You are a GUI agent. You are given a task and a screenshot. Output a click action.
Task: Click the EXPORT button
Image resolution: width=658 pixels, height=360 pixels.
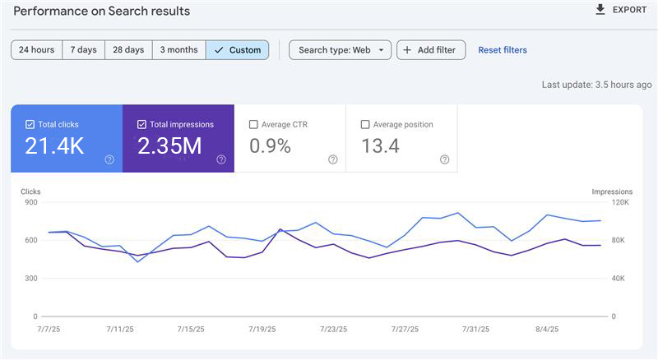tap(621, 10)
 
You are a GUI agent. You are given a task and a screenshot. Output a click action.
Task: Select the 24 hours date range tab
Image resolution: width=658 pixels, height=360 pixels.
tap(37, 50)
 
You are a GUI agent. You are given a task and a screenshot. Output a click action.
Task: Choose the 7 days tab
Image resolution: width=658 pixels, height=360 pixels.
tap(83, 50)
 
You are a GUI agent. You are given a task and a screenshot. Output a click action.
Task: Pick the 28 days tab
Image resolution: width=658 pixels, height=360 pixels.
tap(128, 50)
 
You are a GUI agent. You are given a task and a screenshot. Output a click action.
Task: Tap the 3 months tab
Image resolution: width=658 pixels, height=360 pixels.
tap(178, 50)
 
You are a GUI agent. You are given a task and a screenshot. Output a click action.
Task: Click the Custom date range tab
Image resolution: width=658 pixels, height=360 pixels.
tap(237, 50)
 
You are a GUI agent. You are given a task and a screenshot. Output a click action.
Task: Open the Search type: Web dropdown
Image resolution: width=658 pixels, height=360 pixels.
tap(341, 50)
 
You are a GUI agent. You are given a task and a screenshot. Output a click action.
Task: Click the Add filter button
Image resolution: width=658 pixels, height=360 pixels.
tap(431, 50)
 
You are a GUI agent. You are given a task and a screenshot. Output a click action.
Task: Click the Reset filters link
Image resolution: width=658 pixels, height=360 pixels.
tap(503, 50)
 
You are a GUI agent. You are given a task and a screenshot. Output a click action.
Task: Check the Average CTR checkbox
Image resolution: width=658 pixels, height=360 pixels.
tap(253, 125)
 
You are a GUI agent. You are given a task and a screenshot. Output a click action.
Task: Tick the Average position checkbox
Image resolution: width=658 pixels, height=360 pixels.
tap(365, 125)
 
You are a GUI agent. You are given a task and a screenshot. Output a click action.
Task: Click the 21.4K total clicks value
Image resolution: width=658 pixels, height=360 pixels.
tap(54, 146)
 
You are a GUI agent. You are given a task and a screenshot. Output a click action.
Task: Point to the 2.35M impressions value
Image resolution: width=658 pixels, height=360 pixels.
tap(170, 146)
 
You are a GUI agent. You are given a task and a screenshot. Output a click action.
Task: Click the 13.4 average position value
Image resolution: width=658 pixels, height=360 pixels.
tap(381, 146)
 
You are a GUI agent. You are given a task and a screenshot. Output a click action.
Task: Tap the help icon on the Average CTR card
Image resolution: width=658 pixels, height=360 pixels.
tap(333, 159)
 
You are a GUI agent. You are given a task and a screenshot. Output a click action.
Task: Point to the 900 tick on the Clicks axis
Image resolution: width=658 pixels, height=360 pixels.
tap(30, 203)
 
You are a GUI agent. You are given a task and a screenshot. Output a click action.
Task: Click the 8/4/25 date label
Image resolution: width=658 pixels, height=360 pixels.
tap(546, 329)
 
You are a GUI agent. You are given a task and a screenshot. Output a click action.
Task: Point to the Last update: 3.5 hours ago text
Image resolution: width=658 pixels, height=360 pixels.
tap(596, 85)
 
